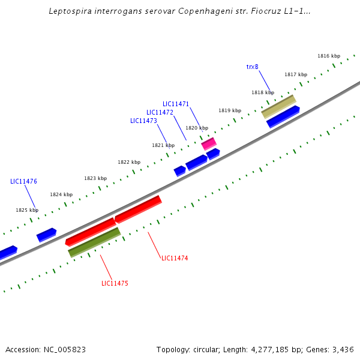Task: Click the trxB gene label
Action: point(252,67)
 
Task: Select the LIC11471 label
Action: point(176,104)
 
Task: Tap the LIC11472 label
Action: point(160,112)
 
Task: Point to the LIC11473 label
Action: point(143,121)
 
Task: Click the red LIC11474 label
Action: point(175,258)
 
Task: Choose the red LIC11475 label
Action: point(115,283)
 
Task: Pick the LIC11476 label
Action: point(23,181)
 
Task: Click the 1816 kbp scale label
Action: point(329,56)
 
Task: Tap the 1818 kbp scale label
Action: point(262,92)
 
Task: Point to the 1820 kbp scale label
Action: point(197,128)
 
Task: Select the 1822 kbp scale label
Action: point(129,162)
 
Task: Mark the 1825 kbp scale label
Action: point(26,210)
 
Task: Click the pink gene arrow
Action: point(209,143)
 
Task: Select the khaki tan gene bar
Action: point(278,106)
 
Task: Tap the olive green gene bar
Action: point(94,242)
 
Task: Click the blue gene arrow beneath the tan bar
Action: point(283,116)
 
